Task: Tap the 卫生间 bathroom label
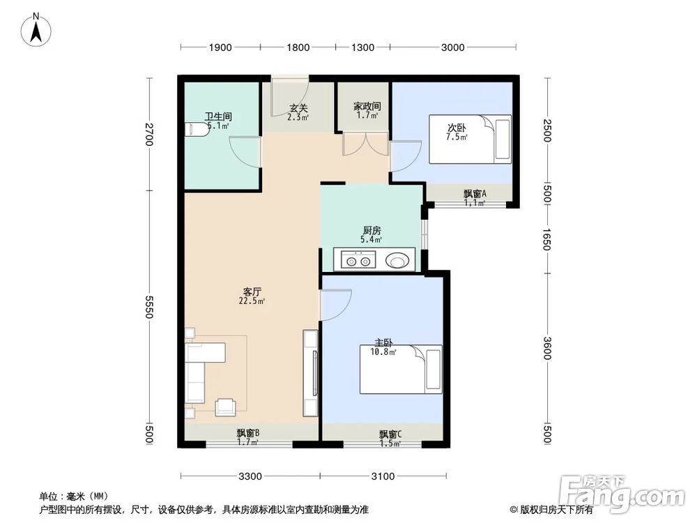218,116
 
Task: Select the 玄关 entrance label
298,108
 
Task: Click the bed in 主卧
401,369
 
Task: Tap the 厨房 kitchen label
371,230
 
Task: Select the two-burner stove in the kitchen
355,261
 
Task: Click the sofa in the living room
199,370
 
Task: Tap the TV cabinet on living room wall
310,372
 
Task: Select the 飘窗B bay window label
247,433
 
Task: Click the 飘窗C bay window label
390,434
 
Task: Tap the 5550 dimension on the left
148,306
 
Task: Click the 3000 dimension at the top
452,47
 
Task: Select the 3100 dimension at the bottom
383,476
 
